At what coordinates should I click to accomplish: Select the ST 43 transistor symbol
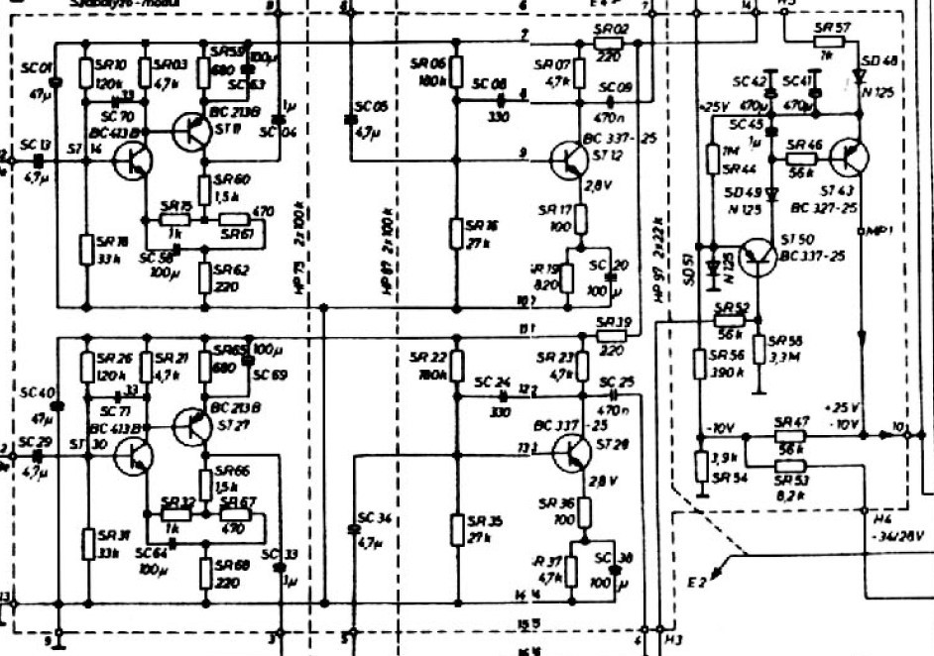[x=849, y=159]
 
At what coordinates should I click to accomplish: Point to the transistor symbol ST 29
[x=573, y=452]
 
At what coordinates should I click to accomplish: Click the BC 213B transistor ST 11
[x=187, y=132]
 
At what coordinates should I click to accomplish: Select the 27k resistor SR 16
[x=455, y=235]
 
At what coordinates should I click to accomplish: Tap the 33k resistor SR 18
[x=86, y=249]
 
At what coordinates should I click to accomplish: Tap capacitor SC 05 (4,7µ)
[x=349, y=120]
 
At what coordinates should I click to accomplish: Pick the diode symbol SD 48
[x=861, y=75]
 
